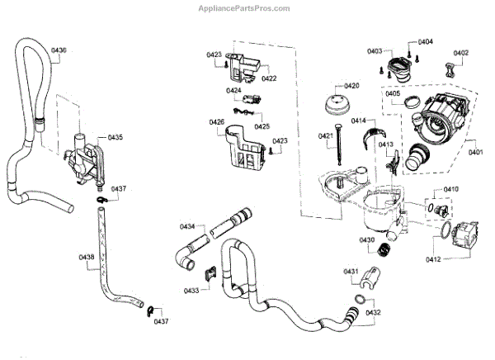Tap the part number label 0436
59,51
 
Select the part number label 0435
115,137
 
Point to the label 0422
269,78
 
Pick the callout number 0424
234,91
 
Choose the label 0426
216,122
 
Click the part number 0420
351,86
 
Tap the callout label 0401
476,151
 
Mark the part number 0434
188,226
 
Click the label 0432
373,313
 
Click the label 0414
359,121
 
